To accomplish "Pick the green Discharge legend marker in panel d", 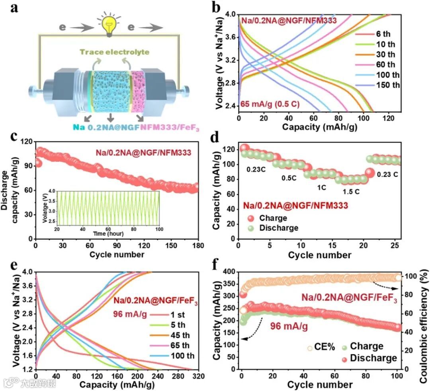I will click(x=250, y=228).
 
